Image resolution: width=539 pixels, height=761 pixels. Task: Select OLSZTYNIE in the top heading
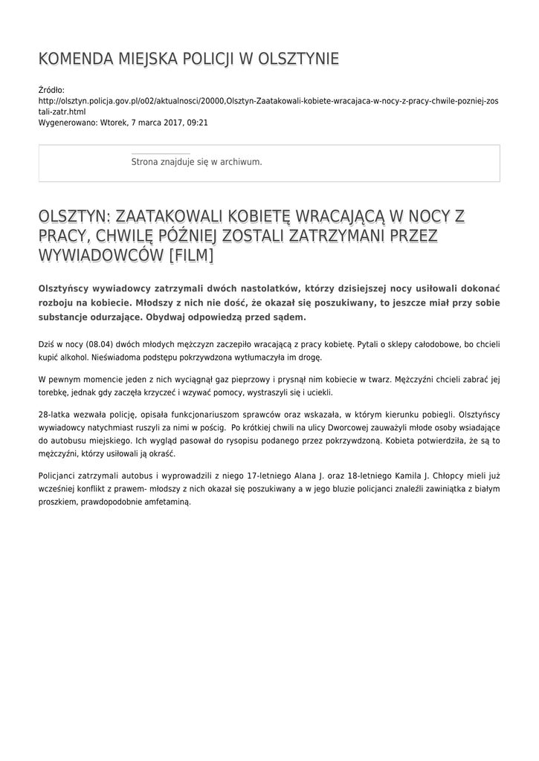coord(298,59)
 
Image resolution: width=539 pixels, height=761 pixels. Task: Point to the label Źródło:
coord(51,90)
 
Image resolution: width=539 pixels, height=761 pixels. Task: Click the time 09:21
coord(198,122)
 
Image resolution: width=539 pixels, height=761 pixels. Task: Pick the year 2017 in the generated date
coord(166,122)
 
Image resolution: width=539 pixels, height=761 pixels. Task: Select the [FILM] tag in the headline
coord(192,256)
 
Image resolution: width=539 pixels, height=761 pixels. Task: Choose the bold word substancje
coord(67,317)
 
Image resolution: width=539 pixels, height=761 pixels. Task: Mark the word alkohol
coord(74,357)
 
